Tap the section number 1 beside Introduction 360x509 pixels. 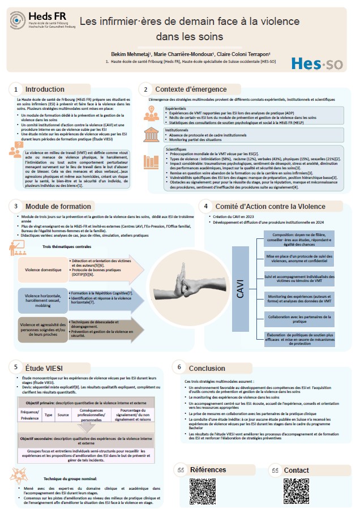(x=16, y=89)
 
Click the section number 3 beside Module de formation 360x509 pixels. (x=16, y=207)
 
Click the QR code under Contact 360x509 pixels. (x=297, y=491)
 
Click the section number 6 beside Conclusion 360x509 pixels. (x=179, y=367)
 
